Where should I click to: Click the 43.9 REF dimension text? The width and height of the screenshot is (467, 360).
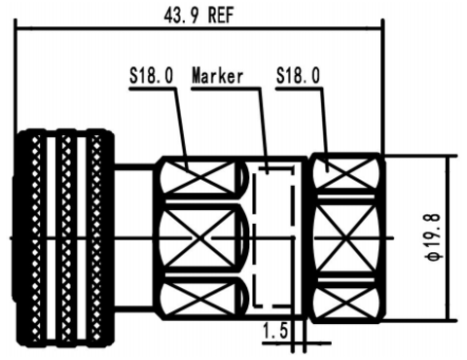pos(198,16)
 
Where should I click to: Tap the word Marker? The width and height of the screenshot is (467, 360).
pos(217,76)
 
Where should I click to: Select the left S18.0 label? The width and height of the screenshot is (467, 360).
pos(152,75)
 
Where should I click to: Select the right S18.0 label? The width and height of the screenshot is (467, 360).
pos(298,75)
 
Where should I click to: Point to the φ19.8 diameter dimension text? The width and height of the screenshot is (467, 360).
pos(434,237)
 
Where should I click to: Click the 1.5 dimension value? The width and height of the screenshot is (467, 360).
pos(275,331)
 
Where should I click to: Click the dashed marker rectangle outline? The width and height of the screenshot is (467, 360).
pos(274,236)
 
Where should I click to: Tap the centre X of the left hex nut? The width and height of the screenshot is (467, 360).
pos(200,238)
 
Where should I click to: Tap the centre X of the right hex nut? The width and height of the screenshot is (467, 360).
pos(344,238)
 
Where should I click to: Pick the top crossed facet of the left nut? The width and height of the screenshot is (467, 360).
pos(200,177)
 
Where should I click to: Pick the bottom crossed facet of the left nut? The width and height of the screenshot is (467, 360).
pos(200,299)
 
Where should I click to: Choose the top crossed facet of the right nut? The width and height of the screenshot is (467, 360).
pos(344,173)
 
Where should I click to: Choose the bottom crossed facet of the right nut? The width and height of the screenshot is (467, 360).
pos(344,303)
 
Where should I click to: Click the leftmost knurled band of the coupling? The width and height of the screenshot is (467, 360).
pos(36,238)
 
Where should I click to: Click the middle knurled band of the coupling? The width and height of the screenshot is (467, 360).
pos(66,238)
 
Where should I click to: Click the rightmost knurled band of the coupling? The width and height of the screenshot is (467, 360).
pos(96,238)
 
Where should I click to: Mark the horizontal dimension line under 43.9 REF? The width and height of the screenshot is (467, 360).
pos(199,30)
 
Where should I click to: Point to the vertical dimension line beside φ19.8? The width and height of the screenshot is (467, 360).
pos(449,238)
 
